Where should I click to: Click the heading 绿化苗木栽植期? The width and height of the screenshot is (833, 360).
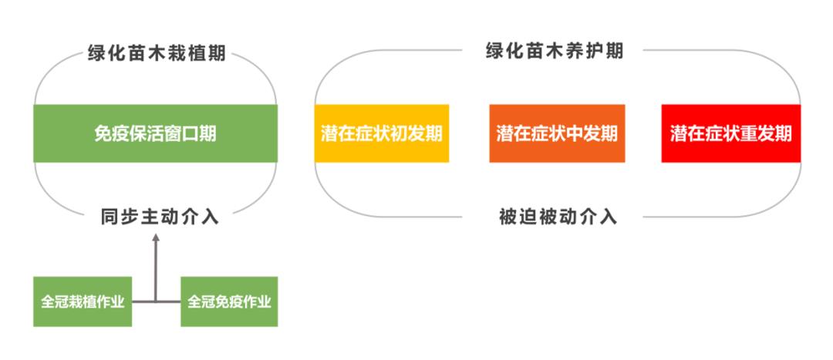157,54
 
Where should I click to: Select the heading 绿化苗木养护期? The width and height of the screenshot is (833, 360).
555,52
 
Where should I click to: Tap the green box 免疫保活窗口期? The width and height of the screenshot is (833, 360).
155,133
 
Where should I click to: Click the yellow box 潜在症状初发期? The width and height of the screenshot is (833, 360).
382,133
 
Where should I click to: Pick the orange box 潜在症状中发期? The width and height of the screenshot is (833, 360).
557,133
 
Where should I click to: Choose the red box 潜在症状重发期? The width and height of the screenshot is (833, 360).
731,133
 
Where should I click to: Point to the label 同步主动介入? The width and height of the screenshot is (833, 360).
160,217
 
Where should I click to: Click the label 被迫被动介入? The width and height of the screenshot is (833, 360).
558,217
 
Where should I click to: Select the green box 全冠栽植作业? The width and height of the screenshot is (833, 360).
83,301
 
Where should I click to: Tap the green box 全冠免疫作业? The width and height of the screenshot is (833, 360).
229,301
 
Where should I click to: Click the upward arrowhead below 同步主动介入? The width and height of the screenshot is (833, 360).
156,237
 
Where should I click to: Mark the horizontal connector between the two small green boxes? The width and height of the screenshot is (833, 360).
156,301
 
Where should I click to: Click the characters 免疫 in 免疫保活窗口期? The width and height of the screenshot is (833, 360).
112,133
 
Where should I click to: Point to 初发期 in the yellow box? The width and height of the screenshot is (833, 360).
416,133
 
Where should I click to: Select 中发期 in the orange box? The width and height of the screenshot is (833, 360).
592,133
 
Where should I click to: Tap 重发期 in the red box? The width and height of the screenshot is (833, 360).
766,133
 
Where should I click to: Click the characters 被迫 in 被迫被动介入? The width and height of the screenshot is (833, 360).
518,217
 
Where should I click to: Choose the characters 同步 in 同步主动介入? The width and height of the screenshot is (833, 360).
120,217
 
